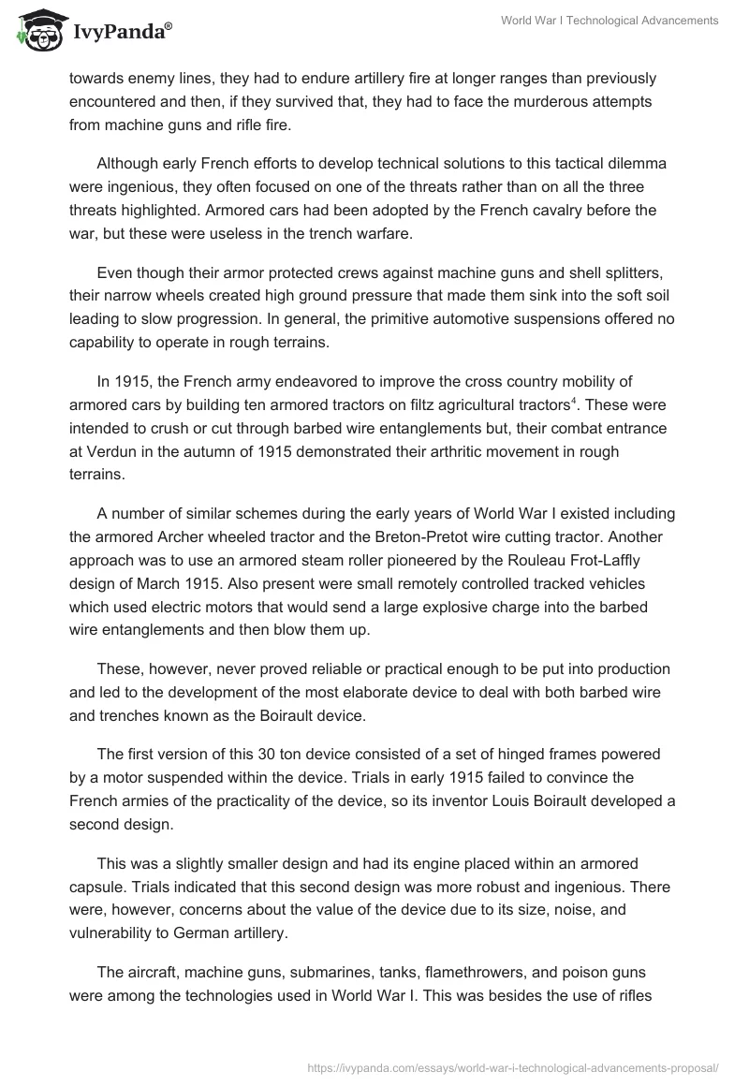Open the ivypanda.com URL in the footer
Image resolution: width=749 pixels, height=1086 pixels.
point(513,1066)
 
